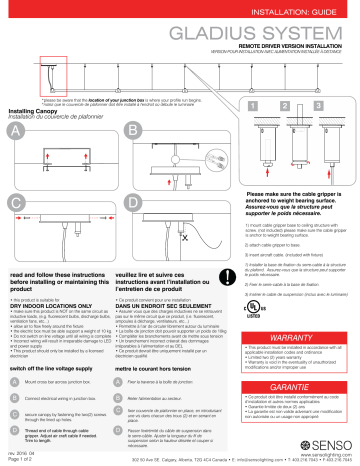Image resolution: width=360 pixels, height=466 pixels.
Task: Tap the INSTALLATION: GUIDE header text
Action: click(x=301, y=10)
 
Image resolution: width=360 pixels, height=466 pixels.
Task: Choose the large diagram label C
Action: click(x=15, y=201)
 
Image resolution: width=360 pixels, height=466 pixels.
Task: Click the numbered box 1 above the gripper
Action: click(x=257, y=104)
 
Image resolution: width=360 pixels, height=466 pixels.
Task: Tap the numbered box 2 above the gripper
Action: click(x=288, y=104)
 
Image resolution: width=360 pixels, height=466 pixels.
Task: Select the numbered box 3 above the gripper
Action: click(x=320, y=104)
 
